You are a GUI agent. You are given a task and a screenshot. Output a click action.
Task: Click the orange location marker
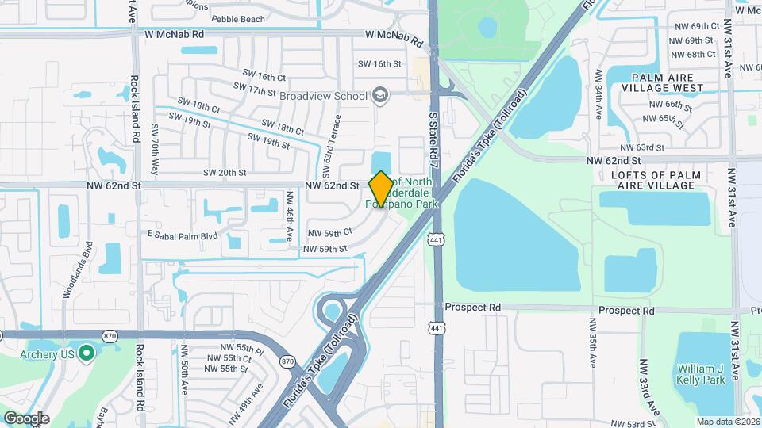pyautogui.click(x=381, y=189)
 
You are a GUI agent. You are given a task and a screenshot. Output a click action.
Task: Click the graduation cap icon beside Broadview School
pyautogui.click(x=381, y=96)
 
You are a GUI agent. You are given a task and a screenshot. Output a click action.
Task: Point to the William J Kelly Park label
pyautogui.click(x=701, y=374)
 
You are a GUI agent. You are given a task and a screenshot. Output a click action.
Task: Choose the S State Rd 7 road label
pyautogui.click(x=433, y=139)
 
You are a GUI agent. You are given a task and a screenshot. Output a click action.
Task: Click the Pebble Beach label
pyautogui.click(x=237, y=18)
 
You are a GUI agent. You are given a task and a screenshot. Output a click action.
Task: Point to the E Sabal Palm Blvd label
pyautogui.click(x=182, y=235)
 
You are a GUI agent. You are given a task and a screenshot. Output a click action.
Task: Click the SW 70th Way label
pyautogui.click(x=156, y=147)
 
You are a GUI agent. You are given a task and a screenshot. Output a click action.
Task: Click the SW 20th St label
pyautogui.click(x=225, y=172)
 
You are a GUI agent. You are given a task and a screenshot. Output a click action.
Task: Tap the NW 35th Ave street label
pyautogui.click(x=592, y=342)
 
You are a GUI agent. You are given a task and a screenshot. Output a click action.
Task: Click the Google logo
pyautogui.click(x=26, y=418)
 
